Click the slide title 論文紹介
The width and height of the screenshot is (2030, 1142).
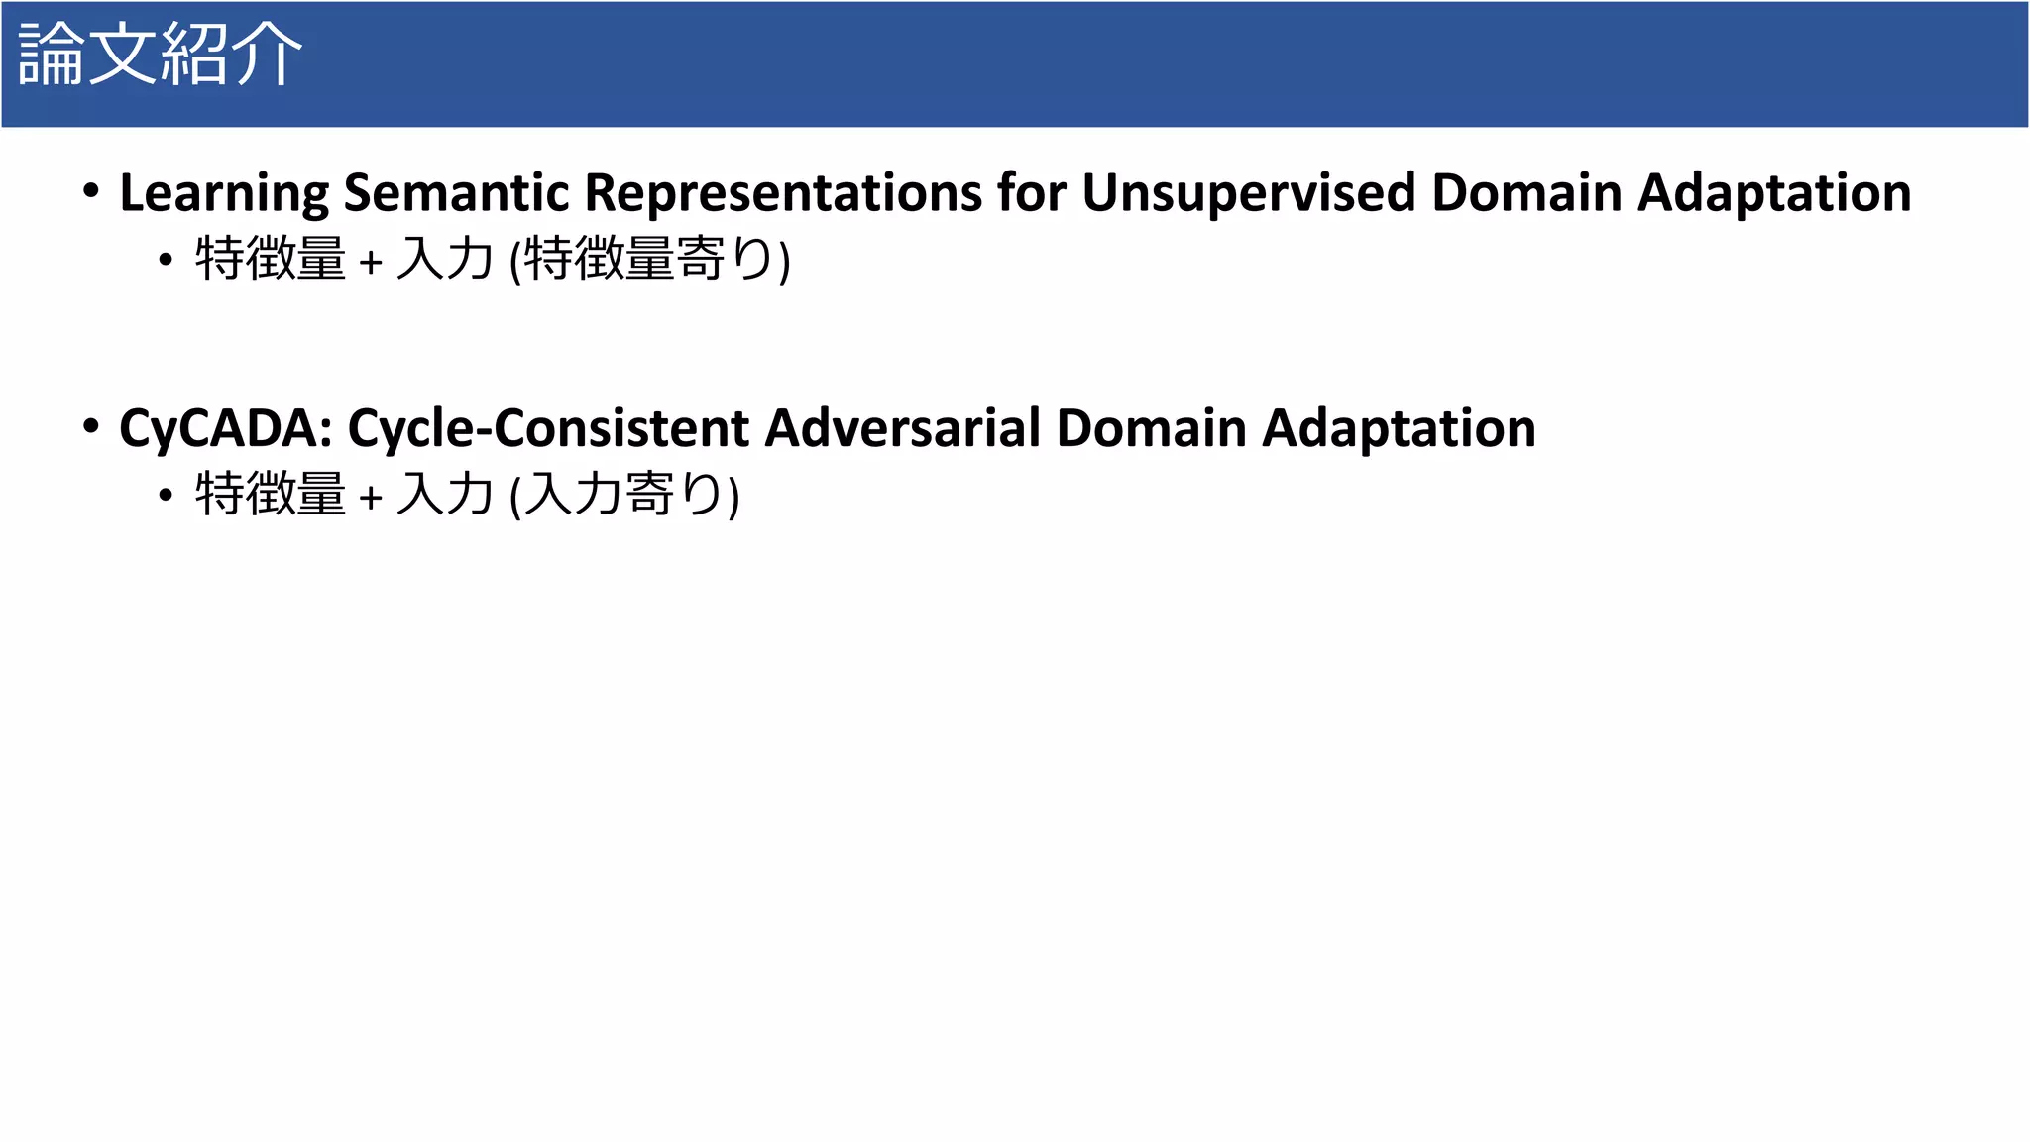[160, 55]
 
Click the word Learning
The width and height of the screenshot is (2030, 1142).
[224, 193]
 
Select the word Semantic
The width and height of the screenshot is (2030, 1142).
[456, 193]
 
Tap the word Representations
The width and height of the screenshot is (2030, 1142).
[783, 193]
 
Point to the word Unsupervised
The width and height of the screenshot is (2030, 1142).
[1248, 193]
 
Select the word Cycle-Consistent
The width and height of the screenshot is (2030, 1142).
[548, 429]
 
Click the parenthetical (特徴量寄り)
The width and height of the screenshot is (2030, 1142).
[650, 260]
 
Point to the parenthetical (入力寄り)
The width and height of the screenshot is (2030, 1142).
[624, 495]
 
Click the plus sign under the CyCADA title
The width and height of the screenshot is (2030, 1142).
[371, 497]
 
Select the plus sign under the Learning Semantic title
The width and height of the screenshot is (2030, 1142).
[371, 262]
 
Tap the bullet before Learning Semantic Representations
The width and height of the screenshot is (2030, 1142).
[91, 190]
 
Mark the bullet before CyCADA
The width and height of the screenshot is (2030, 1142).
[91, 426]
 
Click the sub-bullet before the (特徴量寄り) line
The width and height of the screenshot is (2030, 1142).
[166, 260]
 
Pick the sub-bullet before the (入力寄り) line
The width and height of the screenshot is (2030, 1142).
[166, 495]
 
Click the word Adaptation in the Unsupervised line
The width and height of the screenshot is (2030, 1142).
[1774, 193]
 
